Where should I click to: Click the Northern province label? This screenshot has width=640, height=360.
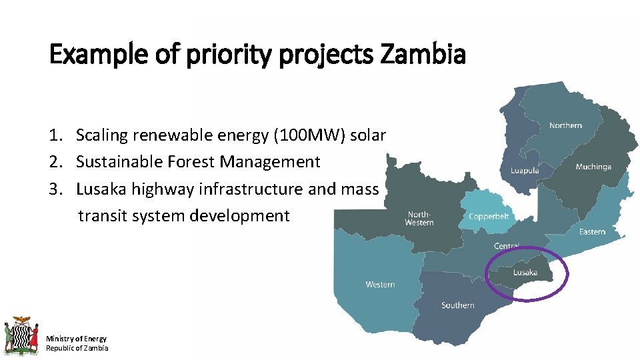coord(565,125)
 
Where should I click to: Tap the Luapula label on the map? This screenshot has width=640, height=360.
coord(525,171)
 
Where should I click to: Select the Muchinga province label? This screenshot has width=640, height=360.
coord(593,167)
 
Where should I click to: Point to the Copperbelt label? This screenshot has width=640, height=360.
coord(489,216)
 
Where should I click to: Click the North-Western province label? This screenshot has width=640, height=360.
coord(419,218)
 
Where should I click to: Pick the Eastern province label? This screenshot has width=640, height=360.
coord(592,231)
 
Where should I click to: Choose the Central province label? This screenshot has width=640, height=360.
coord(507,246)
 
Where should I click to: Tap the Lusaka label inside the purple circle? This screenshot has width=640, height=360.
coord(525,272)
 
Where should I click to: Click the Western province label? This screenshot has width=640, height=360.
coord(380,285)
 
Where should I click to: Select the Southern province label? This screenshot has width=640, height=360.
coord(458,305)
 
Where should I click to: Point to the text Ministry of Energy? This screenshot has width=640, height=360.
coord(76,339)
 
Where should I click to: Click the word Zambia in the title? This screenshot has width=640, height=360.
coord(423,55)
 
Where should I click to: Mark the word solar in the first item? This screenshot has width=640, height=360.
coord(368,135)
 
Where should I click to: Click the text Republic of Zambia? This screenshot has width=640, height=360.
coord(77,348)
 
